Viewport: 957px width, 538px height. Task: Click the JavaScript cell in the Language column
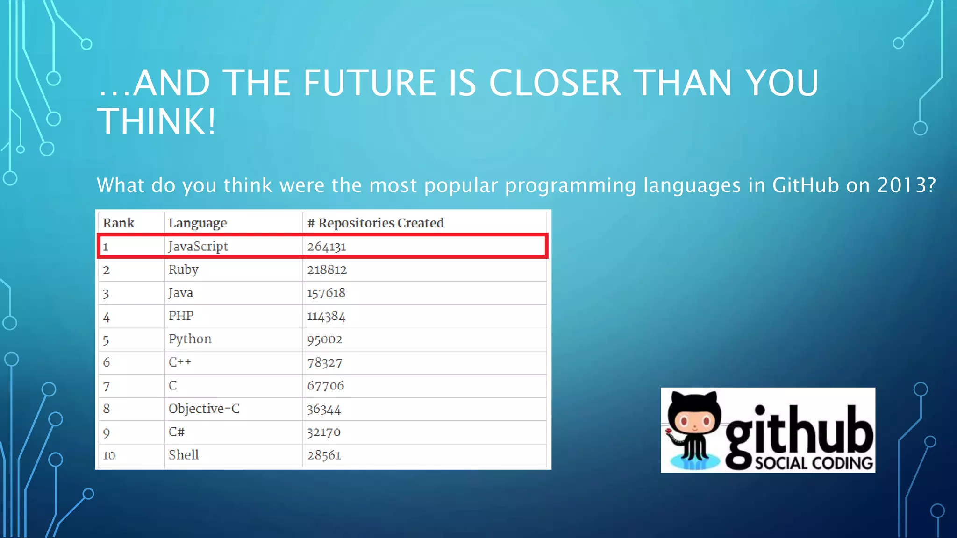click(x=198, y=246)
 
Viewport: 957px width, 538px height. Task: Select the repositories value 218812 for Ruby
click(x=327, y=269)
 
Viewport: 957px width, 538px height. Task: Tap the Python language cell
click(x=190, y=339)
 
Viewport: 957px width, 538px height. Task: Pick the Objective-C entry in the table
click(x=204, y=409)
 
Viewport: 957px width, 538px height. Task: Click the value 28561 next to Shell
click(x=324, y=455)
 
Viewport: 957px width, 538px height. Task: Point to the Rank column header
click(x=118, y=223)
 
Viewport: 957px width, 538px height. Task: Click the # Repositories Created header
click(x=376, y=223)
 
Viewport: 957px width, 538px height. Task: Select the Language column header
click(x=198, y=223)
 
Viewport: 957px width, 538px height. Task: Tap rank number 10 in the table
click(x=109, y=455)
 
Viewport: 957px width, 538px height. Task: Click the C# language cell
click(x=177, y=432)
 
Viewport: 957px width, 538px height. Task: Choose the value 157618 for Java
click(x=326, y=293)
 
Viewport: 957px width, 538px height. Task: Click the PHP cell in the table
click(x=181, y=316)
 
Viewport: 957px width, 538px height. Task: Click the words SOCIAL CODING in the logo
click(x=814, y=463)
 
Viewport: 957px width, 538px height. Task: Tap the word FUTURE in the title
click(x=369, y=83)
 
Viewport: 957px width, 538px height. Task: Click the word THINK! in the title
click(x=157, y=121)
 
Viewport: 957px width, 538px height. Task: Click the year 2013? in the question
click(x=907, y=185)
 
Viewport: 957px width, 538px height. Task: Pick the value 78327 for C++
click(x=324, y=362)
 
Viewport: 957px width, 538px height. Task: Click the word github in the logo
click(x=799, y=432)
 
